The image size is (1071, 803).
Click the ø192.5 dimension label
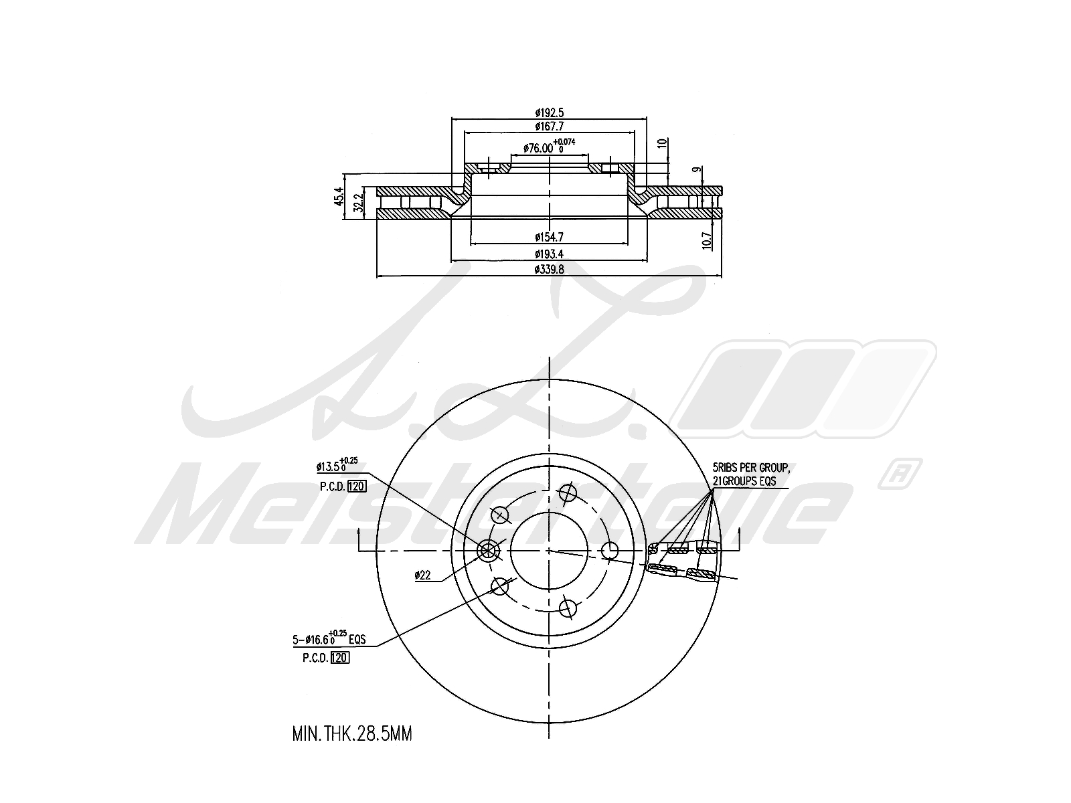click(549, 112)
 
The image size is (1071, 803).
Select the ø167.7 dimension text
click(549, 126)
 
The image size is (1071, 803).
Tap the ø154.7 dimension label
click(549, 236)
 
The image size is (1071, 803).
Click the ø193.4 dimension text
click(549, 254)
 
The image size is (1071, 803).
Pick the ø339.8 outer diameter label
click(549, 269)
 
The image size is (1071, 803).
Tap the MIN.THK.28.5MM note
click(352, 734)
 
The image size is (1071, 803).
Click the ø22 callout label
click(422, 575)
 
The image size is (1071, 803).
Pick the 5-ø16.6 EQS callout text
click(329, 639)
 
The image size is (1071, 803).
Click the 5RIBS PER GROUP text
click(750, 468)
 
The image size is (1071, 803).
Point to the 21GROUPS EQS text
click(744, 481)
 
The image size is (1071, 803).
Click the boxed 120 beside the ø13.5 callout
click(357, 486)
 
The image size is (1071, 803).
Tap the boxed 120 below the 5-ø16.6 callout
click(340, 658)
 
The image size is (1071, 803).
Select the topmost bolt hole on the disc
click(567, 493)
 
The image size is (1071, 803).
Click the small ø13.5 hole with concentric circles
click(488, 550)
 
